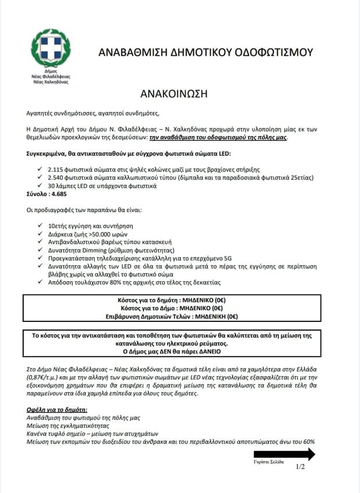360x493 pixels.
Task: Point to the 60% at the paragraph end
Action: pos(306,442)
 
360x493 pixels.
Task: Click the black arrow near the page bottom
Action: pos(284,454)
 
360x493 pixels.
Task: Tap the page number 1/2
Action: pos(300,467)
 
